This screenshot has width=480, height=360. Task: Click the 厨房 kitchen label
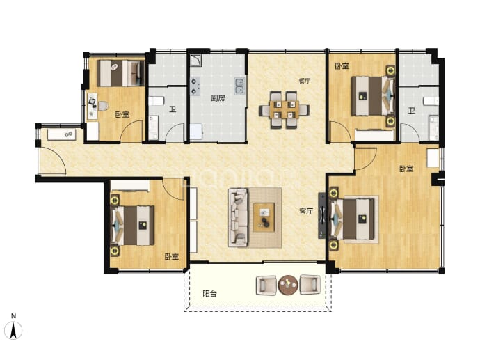tap(218, 98)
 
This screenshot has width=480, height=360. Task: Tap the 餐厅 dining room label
tap(304, 81)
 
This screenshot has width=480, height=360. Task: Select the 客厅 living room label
tap(306, 211)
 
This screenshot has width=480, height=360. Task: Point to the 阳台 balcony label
tap(209, 294)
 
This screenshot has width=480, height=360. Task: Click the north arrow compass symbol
tap(13, 330)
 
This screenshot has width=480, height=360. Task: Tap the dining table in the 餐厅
tap(284, 110)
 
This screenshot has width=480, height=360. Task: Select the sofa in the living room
tap(238, 217)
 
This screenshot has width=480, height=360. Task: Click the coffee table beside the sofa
tap(264, 217)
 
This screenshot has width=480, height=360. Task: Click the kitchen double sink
tap(239, 86)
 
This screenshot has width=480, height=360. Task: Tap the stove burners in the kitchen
tap(195, 86)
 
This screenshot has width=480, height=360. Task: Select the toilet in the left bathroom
tap(157, 101)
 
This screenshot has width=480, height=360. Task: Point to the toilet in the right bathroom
tap(431, 101)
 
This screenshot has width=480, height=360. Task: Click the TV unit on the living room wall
tap(321, 215)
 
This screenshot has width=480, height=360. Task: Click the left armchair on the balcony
tap(266, 285)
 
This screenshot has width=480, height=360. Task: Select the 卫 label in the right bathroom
tap(411, 110)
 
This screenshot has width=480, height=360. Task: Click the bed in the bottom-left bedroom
tap(133, 226)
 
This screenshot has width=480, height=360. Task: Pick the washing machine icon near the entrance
tap(69, 134)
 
